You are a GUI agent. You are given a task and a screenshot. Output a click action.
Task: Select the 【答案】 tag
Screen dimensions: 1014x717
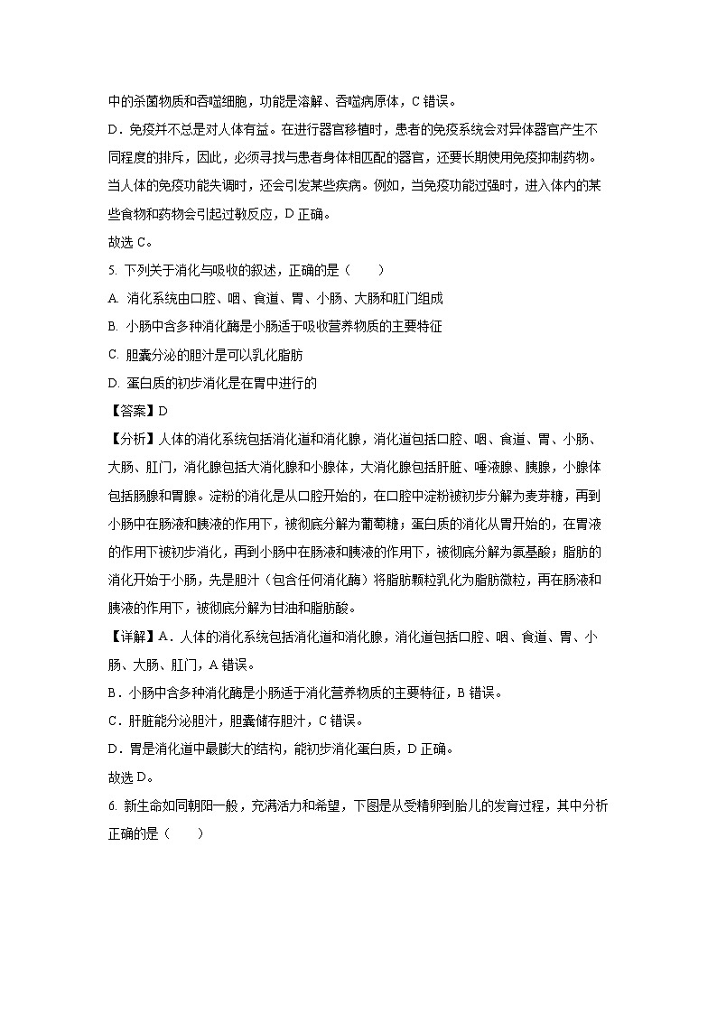(x=131, y=411)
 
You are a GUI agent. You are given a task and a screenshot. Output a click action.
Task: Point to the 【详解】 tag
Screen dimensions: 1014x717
(x=131, y=637)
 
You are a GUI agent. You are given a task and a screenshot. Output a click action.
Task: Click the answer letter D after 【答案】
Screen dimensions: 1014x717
(x=163, y=411)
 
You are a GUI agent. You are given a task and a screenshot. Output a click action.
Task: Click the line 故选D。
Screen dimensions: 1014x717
(x=130, y=777)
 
